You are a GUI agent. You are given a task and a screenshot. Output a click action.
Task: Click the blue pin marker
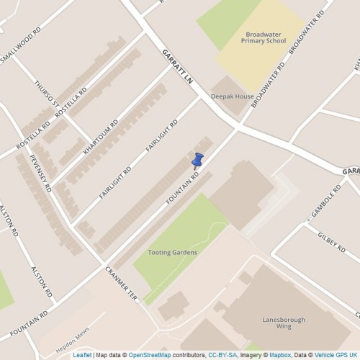coord(198,160)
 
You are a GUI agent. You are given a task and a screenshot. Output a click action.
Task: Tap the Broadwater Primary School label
coord(265,37)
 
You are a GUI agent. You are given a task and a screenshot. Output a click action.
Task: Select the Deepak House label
coord(229,96)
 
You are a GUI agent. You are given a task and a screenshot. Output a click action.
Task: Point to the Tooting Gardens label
coord(172,253)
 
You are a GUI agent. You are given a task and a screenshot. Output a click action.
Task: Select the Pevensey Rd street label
coord(40,173)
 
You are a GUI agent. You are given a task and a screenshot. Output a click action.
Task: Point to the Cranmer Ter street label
coord(120,284)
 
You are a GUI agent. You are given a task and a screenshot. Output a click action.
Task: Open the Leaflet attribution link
coord(82,355)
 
